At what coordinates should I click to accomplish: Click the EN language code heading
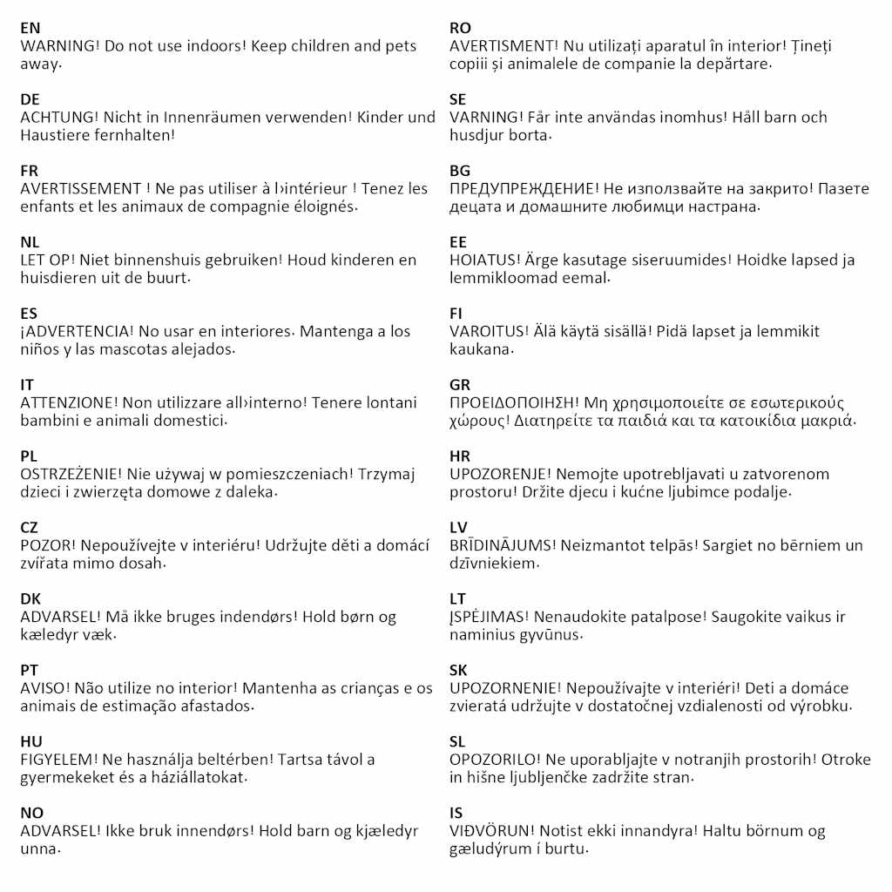coord(30,28)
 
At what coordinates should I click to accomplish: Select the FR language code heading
coord(30,171)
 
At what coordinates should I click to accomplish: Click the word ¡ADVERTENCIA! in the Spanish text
coord(75,331)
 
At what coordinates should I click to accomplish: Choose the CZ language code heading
coord(30,528)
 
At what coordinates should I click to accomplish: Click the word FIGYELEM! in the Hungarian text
coord(56,760)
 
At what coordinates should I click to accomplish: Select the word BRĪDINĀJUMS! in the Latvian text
coord(502,545)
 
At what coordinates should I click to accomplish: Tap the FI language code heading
coord(456,314)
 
